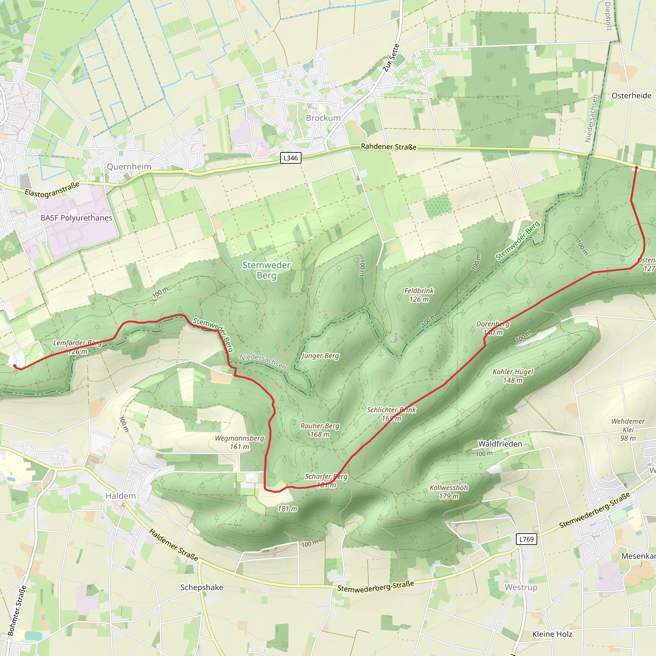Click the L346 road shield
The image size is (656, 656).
[x=290, y=158]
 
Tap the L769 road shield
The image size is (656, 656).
[x=526, y=539]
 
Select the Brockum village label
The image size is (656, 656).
[x=323, y=118]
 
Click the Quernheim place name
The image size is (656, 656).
[x=129, y=166]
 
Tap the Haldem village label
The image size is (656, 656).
[x=120, y=496]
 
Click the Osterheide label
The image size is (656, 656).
[x=631, y=96]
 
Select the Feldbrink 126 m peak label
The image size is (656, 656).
[x=419, y=295]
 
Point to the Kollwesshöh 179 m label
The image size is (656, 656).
[x=448, y=492]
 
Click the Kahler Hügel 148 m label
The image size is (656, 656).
[x=513, y=376]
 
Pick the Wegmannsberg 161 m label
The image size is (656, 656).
[x=239, y=442]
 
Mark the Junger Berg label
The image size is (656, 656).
[x=320, y=356]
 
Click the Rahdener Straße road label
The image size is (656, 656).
[x=389, y=147]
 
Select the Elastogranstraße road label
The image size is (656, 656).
[x=52, y=190]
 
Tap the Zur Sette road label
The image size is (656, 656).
[x=391, y=58]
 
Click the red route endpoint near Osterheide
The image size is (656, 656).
[x=636, y=168]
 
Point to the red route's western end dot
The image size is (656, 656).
[x=15, y=366]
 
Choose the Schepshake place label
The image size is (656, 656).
[x=202, y=587]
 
